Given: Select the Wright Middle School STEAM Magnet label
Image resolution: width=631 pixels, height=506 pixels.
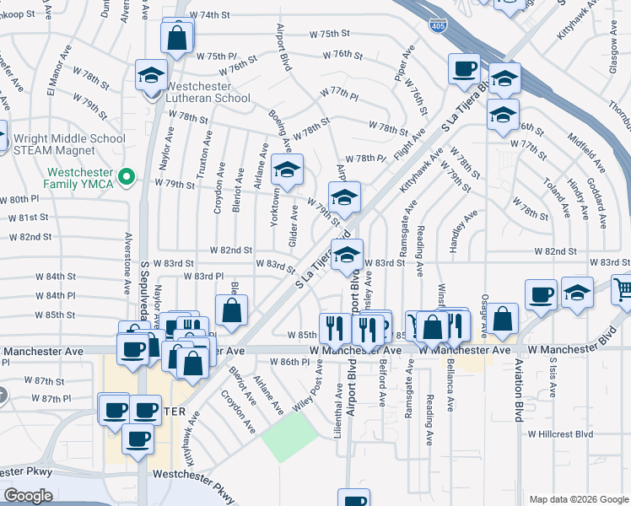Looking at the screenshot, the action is [x=69, y=144].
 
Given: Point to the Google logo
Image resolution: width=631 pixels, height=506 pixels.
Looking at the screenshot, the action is [x=28, y=496].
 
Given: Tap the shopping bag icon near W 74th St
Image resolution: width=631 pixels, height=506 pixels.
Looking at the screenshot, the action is [x=179, y=39].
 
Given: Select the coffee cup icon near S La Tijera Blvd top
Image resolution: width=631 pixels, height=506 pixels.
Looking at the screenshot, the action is [x=463, y=68].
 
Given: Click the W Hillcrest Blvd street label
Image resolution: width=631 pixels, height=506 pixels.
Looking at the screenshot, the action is [x=560, y=434].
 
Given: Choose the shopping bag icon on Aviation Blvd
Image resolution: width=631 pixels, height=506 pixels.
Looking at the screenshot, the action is [x=502, y=320].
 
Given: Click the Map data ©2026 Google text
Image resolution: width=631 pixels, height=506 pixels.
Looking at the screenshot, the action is [x=578, y=499].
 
